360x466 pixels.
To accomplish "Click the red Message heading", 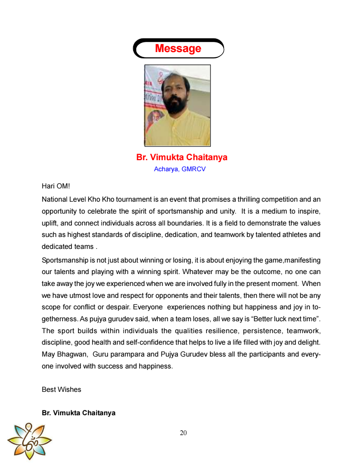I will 178,49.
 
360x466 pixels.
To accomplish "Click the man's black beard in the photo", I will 176,105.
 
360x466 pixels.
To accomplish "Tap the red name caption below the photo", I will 182,158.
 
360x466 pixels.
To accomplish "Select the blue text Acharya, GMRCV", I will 180,169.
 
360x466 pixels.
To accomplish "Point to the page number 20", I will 183,433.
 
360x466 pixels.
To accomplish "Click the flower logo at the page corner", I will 30,440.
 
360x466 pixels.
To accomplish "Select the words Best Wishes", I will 61,390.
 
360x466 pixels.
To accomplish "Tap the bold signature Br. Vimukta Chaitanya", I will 79,413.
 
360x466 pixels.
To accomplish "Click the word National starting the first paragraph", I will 55,199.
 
